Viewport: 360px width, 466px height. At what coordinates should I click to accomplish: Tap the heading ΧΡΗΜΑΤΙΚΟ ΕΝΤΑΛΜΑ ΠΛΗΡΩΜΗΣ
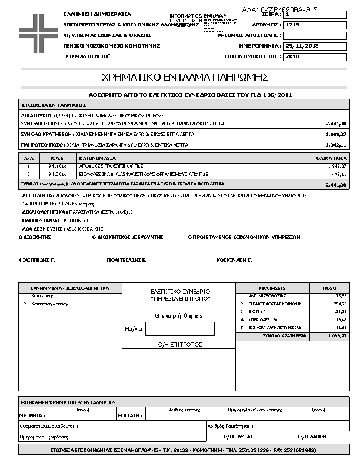click(x=185, y=78)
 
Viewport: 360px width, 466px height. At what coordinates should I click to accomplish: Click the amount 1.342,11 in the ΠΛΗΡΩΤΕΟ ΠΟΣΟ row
click(x=336, y=144)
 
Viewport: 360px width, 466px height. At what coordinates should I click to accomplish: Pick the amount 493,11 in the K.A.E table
click(x=337, y=175)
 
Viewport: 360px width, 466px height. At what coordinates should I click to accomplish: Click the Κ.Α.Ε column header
click(x=56, y=158)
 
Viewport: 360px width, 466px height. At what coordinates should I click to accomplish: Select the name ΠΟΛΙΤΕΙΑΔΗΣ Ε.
click(x=126, y=259)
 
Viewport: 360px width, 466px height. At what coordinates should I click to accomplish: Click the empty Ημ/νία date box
click(x=179, y=329)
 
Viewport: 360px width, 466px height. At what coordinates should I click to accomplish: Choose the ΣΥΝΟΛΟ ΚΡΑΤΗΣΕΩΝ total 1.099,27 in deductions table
click(x=337, y=335)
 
